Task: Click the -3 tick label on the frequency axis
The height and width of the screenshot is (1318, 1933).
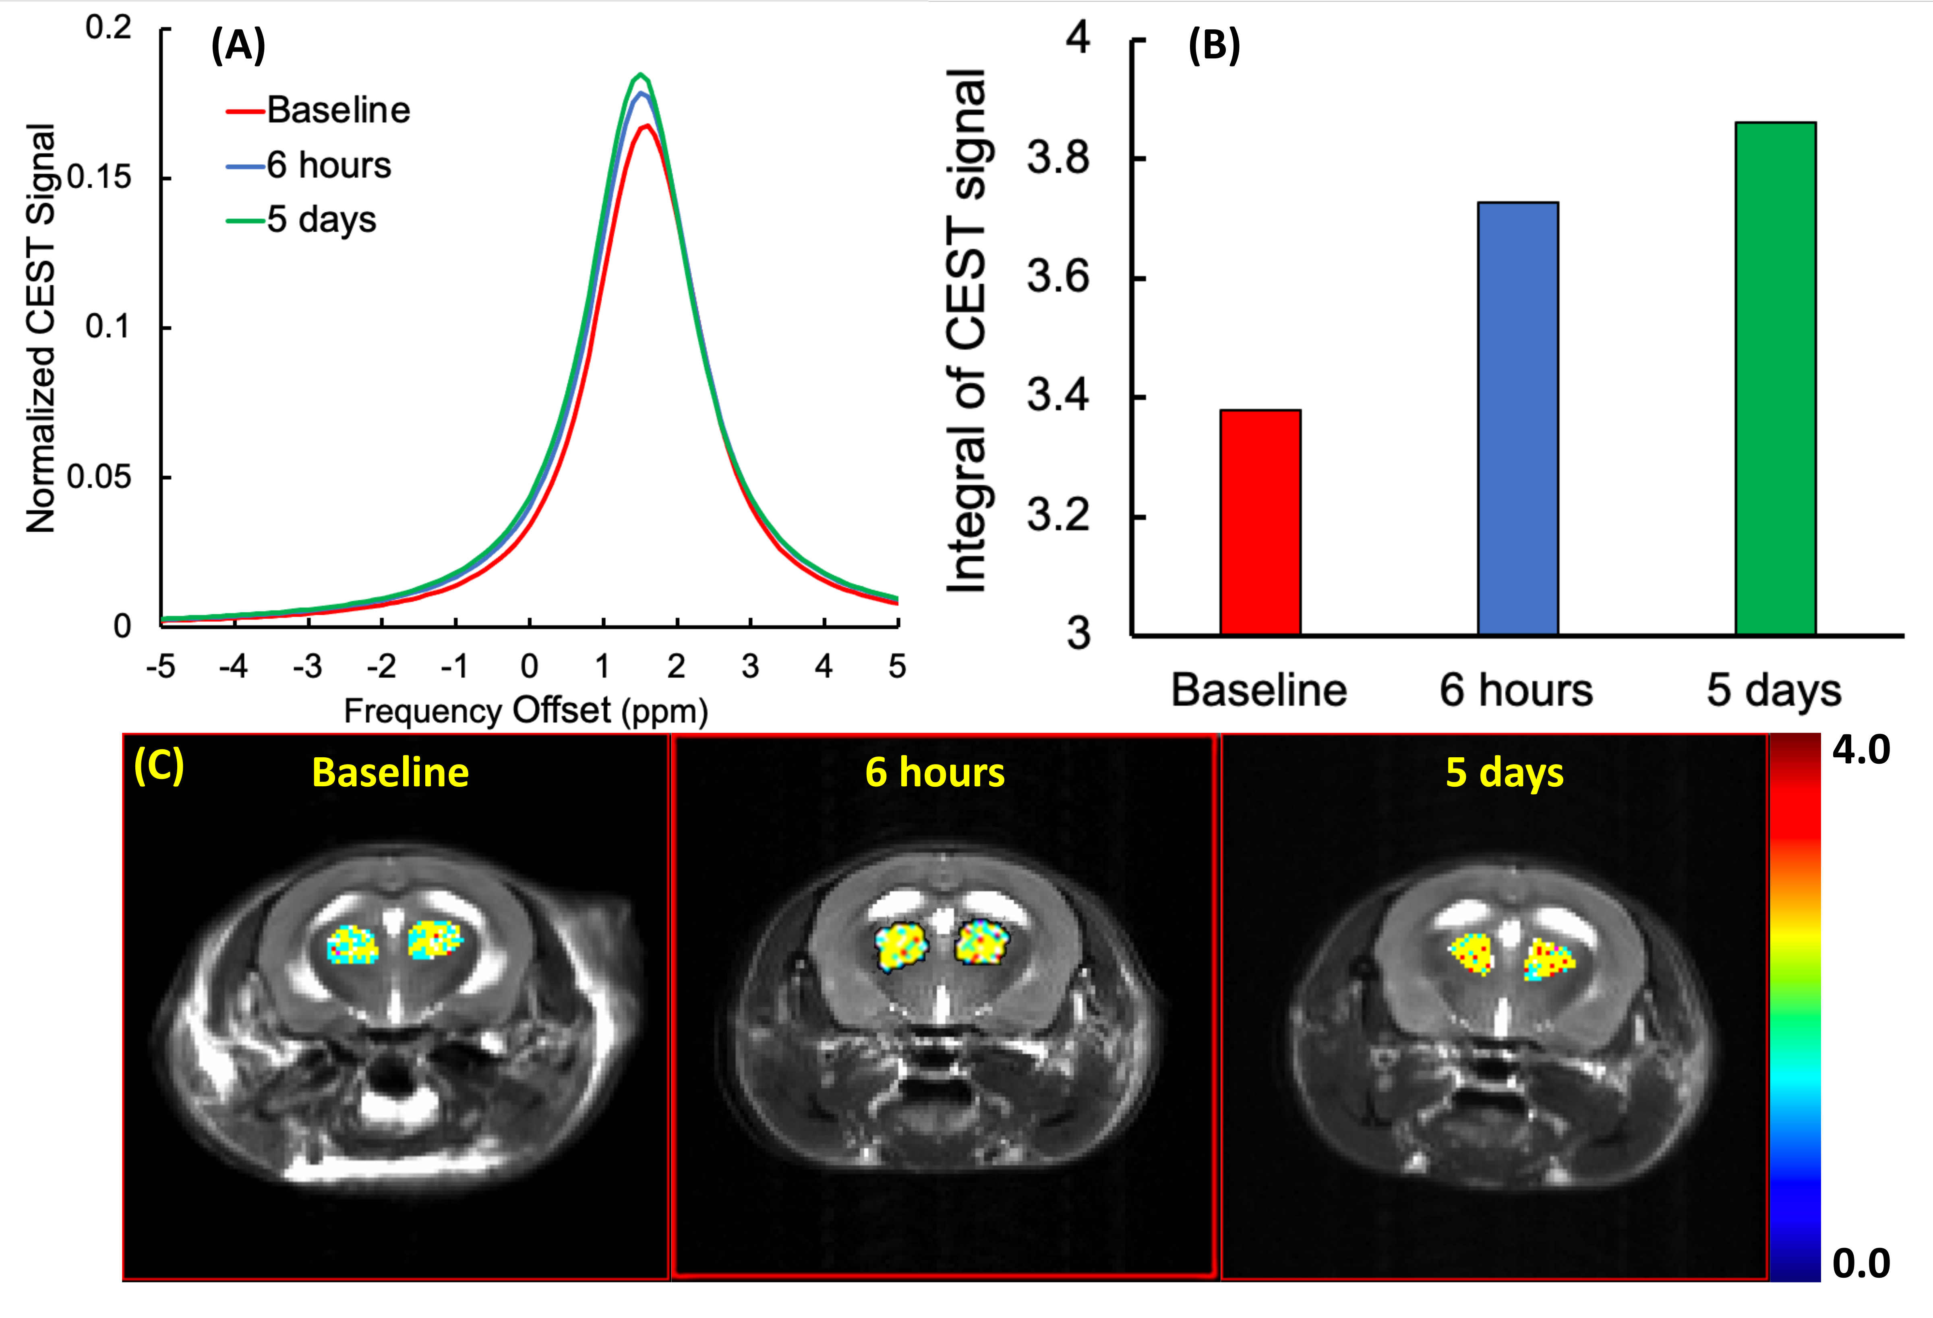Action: click(x=307, y=667)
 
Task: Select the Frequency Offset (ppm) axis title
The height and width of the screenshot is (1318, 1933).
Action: click(x=526, y=711)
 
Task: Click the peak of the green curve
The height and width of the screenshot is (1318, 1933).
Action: click(x=640, y=75)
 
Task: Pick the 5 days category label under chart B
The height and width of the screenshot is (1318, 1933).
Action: click(x=1774, y=690)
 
